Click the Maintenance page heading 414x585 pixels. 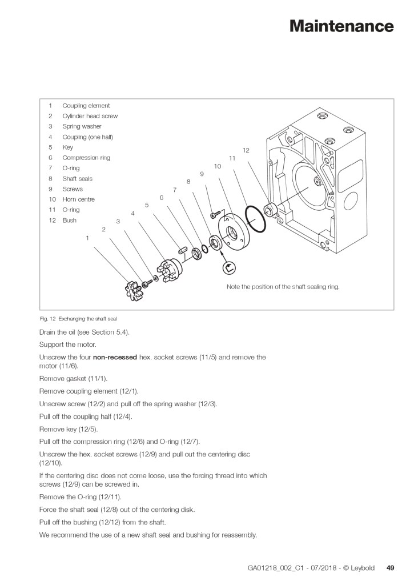point(341,26)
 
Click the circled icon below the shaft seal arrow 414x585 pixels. point(230,266)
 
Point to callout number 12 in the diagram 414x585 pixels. point(246,150)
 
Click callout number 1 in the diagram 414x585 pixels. point(87,238)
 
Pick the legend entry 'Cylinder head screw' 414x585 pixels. point(90,116)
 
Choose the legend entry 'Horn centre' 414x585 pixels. point(78,199)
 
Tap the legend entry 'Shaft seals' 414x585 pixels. point(77,179)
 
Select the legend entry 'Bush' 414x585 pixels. point(69,221)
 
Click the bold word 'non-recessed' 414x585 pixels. point(115,357)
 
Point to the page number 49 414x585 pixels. point(391,568)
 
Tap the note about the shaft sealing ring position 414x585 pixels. point(283,287)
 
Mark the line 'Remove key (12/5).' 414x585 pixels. point(69,428)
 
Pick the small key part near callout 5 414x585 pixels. point(183,249)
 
